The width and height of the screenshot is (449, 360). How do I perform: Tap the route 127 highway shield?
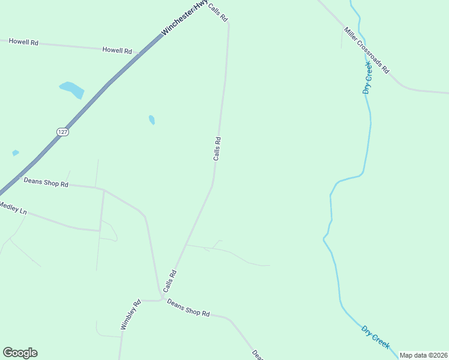[x=63, y=131]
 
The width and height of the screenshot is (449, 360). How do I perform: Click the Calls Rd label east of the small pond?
[x=217, y=149]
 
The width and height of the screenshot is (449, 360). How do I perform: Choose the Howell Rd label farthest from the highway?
[x=23, y=43]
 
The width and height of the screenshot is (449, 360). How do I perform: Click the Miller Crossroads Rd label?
[x=367, y=50]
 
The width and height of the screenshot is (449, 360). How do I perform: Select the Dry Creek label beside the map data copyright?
[x=375, y=337]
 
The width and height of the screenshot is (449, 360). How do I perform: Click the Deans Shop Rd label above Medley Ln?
[x=46, y=182]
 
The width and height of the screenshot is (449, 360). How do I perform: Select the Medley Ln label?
[x=13, y=209]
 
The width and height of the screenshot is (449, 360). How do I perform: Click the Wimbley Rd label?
[x=130, y=314]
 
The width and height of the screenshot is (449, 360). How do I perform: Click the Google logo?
[x=20, y=353]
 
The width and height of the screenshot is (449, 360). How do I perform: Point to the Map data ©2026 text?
[x=424, y=355]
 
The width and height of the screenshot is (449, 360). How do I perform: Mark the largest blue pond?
[x=72, y=89]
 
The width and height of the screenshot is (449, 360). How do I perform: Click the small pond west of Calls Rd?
[x=152, y=120]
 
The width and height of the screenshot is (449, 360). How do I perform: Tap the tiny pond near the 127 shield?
[x=15, y=153]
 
